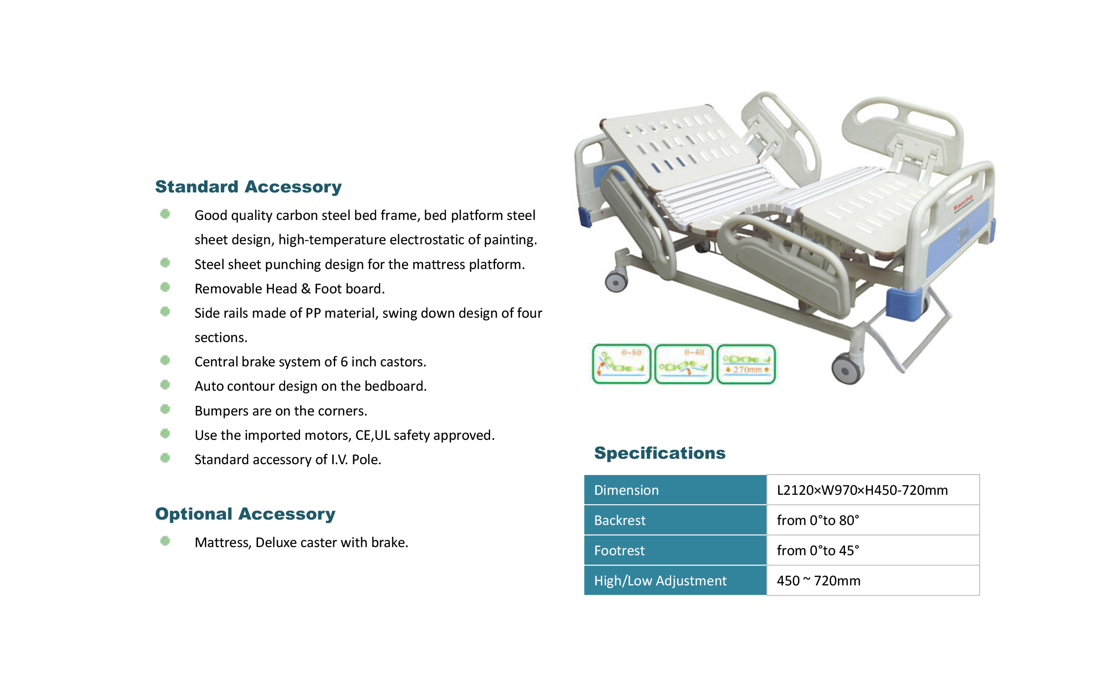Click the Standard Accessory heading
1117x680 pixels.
coord(248,187)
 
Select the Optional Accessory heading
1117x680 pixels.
coord(245,514)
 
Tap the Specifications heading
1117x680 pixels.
coord(659,453)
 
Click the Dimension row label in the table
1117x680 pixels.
coord(626,490)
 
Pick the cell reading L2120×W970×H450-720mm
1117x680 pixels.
coord(862,490)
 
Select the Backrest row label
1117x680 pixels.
coord(619,520)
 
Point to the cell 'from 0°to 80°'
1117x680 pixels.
coord(817,520)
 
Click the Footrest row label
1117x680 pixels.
coord(619,551)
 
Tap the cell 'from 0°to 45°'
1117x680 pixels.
coord(817,551)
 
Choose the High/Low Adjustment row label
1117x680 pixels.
coord(660,581)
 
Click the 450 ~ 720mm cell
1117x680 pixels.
coord(818,581)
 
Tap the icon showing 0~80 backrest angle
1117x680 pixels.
coord(622,364)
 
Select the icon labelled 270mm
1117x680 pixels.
coord(746,364)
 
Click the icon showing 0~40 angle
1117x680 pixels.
coord(684,364)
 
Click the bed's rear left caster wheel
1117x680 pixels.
coord(616,282)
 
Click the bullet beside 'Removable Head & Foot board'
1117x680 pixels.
coord(165,287)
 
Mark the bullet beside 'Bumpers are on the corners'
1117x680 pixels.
coord(165,409)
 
